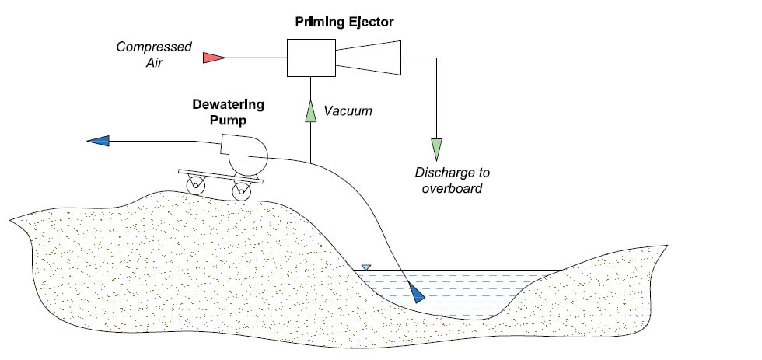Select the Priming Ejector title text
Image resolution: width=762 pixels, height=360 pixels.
tap(344, 22)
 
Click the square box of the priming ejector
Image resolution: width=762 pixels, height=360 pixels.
tap(310, 57)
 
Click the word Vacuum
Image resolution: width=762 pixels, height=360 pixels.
tap(348, 111)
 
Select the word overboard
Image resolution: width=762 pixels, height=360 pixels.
tap(452, 188)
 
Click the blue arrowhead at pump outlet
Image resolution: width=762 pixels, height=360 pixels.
tap(98, 141)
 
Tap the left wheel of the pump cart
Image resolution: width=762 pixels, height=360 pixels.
tap(195, 186)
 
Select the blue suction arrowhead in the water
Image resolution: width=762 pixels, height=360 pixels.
tap(416, 293)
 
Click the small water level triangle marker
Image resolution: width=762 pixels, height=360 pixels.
tap(366, 267)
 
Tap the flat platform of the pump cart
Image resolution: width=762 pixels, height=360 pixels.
tap(218, 175)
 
